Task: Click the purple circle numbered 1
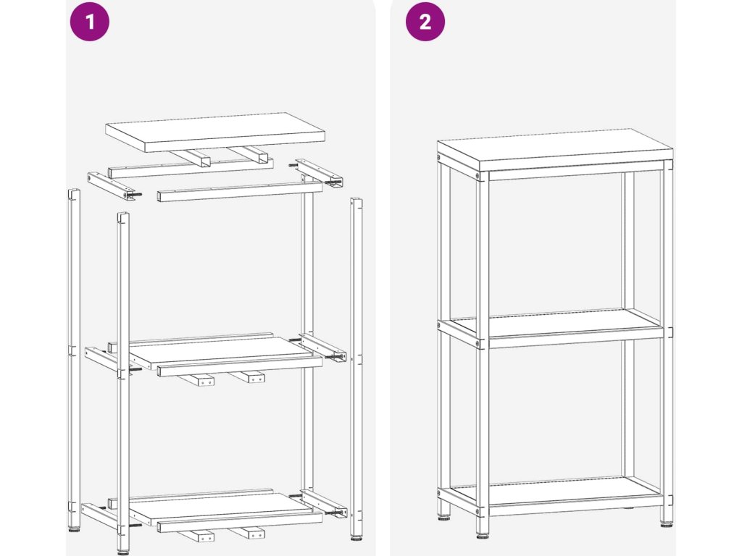[x=90, y=22]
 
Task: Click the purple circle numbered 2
[x=425, y=22]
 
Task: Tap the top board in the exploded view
[x=214, y=132]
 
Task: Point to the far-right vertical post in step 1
[x=357, y=368]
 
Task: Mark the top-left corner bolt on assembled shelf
[x=439, y=158]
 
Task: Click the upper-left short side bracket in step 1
[x=114, y=186]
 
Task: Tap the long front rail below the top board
[x=240, y=192]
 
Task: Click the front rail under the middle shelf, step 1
[x=240, y=366]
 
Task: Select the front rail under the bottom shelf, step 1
[x=240, y=522]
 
